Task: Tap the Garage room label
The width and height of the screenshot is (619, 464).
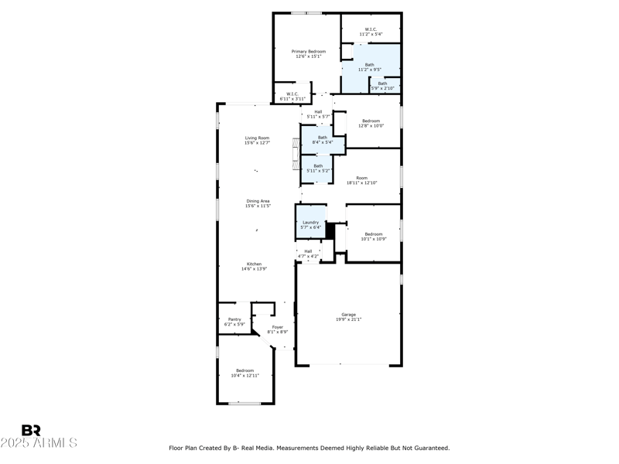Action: [349, 317]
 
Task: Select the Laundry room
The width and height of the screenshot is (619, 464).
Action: [310, 225]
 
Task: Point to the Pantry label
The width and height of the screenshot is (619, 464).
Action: [234, 322]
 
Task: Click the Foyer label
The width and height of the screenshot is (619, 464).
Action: [277, 329]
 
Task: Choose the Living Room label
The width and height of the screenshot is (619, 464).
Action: [257, 140]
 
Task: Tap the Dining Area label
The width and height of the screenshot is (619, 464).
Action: [258, 203]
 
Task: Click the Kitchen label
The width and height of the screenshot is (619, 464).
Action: [255, 266]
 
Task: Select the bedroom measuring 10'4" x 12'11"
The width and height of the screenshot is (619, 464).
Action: [244, 374]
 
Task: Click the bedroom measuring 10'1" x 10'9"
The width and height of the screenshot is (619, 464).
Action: [374, 236]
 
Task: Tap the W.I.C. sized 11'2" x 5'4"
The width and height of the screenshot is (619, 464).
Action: [371, 32]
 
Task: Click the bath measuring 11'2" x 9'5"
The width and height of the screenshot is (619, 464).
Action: [370, 67]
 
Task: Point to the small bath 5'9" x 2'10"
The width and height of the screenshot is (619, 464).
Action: [382, 86]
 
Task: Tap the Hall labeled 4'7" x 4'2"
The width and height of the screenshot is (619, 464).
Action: [308, 253]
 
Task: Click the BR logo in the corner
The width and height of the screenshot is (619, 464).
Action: [31, 430]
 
